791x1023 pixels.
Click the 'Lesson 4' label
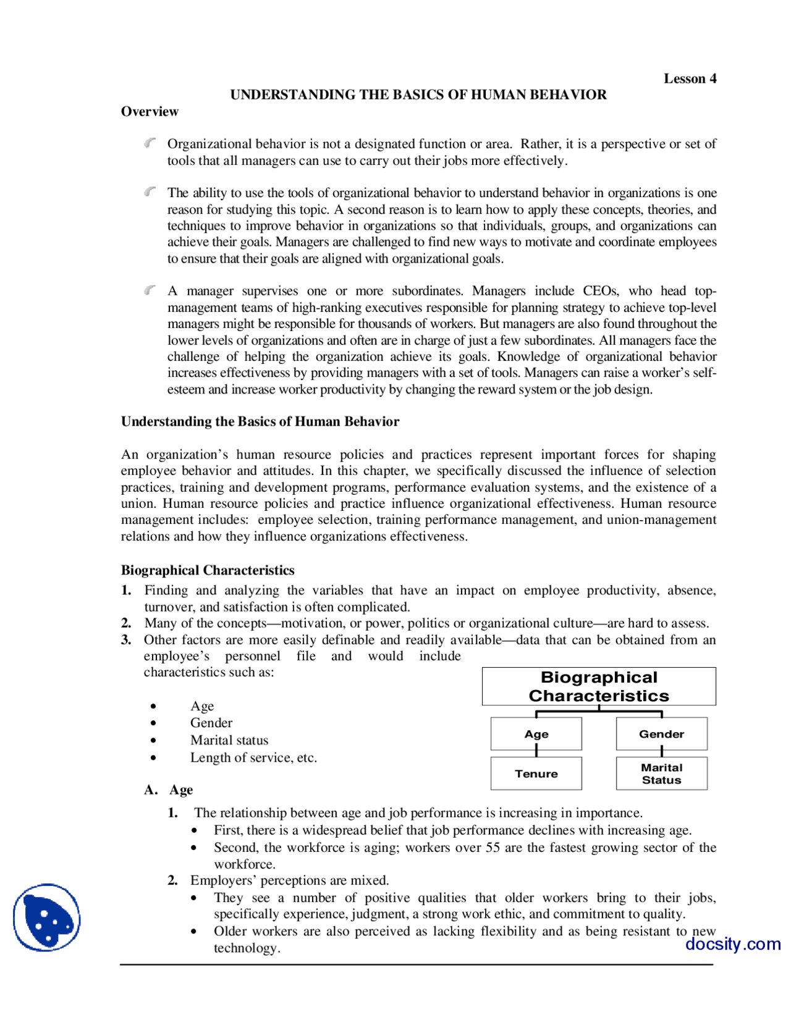(x=690, y=78)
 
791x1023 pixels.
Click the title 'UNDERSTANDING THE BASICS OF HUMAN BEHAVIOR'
(x=418, y=95)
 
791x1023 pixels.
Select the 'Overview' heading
(x=150, y=111)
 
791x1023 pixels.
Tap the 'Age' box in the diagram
(x=536, y=734)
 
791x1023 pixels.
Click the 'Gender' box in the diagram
(x=661, y=734)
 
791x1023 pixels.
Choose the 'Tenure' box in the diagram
(x=536, y=773)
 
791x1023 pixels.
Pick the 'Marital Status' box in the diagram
(x=661, y=773)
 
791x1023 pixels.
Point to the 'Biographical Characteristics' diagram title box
(x=599, y=686)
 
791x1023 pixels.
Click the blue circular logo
(x=47, y=917)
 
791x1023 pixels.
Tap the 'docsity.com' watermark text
(x=733, y=944)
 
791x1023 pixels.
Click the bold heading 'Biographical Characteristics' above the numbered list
(x=208, y=570)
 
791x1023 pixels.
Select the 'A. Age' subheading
(x=169, y=789)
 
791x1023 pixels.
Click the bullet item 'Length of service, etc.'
(x=253, y=757)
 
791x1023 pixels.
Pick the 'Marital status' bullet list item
(x=229, y=740)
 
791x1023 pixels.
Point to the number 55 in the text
(x=493, y=848)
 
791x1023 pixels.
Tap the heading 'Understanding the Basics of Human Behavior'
(x=260, y=421)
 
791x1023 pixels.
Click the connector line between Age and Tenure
(x=536, y=751)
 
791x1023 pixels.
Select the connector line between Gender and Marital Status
(x=662, y=751)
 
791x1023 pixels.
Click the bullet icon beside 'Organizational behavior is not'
(x=150, y=143)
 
